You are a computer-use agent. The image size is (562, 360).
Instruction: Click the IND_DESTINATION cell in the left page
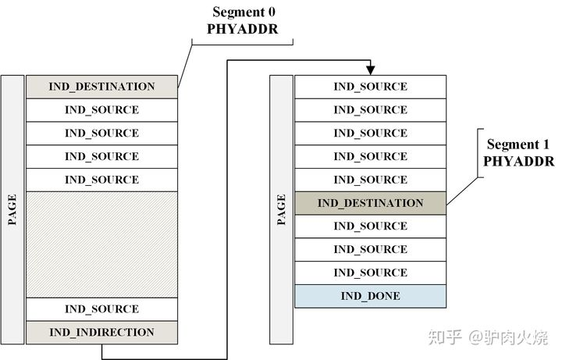point(101,87)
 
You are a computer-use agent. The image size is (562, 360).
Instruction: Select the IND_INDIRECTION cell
point(101,333)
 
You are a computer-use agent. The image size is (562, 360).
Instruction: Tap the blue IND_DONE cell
point(370,296)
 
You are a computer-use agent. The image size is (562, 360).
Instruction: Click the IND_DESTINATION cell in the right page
point(370,203)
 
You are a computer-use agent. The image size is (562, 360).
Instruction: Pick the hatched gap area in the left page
point(101,244)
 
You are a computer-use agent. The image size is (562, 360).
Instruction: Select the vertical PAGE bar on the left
point(12,209)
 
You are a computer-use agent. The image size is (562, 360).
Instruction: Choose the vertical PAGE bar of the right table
point(281,209)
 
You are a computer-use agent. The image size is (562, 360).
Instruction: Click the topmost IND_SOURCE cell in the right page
point(370,87)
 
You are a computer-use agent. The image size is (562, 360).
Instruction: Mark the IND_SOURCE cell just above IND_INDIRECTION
point(101,309)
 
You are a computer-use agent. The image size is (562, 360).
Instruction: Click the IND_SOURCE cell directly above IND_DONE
point(370,273)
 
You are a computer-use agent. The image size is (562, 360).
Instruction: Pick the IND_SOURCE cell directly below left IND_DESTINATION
point(101,110)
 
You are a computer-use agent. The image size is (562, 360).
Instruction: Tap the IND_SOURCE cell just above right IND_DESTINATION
point(370,180)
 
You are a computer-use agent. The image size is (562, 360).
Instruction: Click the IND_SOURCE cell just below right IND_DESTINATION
point(370,226)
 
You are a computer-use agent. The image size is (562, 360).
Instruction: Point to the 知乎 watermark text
point(445,337)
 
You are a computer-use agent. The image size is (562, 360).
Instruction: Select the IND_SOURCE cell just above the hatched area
point(101,180)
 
